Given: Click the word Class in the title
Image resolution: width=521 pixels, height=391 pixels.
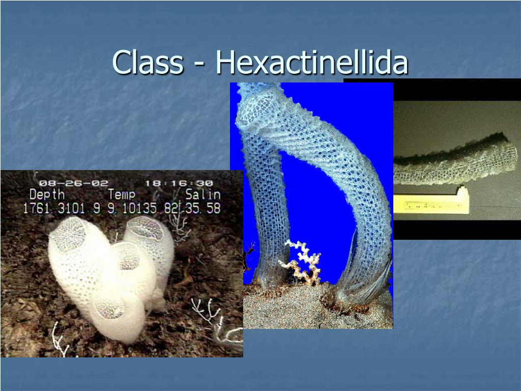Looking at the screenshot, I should click(148, 63).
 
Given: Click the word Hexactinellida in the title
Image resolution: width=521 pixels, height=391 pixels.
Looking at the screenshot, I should click(312, 63).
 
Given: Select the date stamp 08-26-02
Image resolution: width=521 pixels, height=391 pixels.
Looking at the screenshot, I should click(73, 183).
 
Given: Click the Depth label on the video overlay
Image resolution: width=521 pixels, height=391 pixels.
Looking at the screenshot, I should click(47, 194).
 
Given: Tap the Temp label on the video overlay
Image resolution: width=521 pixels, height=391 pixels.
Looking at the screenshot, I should click(122, 194).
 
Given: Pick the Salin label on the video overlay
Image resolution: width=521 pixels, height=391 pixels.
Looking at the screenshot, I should click(202, 194).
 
